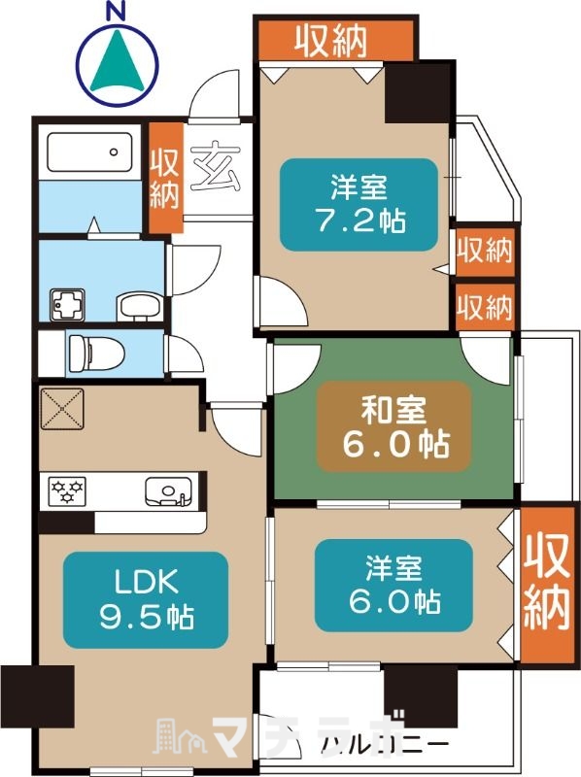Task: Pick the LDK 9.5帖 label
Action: pos(145,600)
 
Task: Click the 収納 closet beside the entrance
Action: pos(165,177)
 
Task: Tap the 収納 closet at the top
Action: pos(335,40)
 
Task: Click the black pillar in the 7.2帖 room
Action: pos(418,92)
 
